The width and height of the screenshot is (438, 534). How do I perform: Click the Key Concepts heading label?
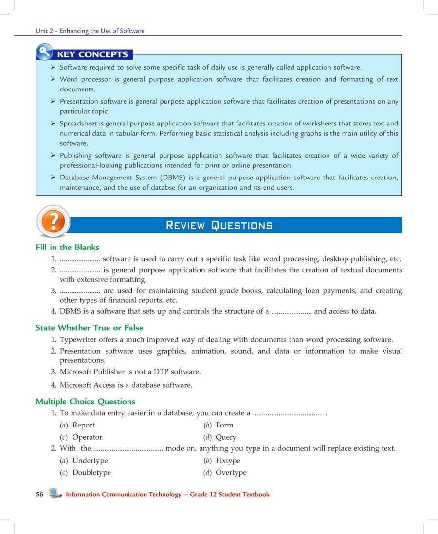point(92,54)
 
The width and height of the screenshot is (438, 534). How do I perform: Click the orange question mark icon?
point(54,221)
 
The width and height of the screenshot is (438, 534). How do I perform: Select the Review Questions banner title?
point(219,225)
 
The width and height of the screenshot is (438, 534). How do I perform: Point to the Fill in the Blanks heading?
point(67,247)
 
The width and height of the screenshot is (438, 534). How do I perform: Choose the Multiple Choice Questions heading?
point(85,401)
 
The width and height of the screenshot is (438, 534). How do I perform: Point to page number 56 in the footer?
point(39,494)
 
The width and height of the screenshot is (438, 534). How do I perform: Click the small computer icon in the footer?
point(55,494)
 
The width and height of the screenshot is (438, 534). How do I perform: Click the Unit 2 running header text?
point(90,31)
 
